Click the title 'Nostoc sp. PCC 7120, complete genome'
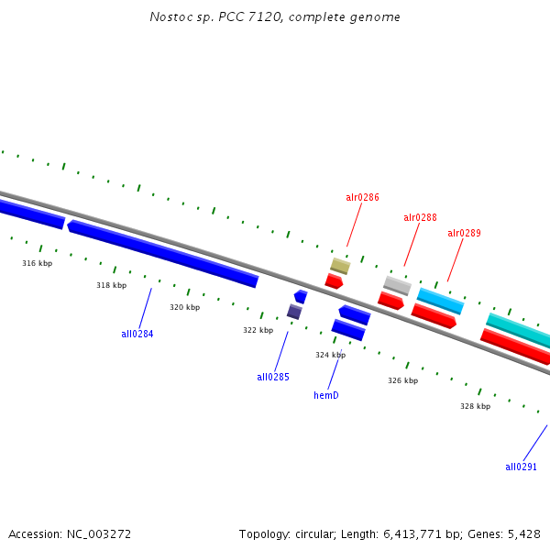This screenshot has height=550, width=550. coord(275,17)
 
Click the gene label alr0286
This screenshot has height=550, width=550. coord(362,197)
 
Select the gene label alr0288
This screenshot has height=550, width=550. coord(420,217)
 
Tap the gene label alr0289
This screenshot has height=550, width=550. coord(464,233)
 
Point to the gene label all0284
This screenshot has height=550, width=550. coord(137,334)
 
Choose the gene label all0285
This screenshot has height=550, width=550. coord(273,377)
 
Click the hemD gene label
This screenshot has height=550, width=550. coord(326,395)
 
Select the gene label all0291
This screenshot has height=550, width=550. coord(521,467)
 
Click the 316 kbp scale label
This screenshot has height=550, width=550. coord(38,263)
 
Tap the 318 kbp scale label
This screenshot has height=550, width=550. coord(111,285)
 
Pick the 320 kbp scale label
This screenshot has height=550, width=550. coord(184,307)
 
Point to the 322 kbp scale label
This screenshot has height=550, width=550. coord(258,330)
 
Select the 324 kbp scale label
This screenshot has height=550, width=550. coord(330,355)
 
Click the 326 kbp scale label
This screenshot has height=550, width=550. coord(402,380)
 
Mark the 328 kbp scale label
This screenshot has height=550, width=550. coord(475,406)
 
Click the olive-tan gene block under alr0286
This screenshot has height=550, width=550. coord(340,266)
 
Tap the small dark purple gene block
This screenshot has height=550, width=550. coord(294,312)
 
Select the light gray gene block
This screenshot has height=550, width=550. coord(397,285)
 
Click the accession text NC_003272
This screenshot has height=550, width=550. coord(70,533)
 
